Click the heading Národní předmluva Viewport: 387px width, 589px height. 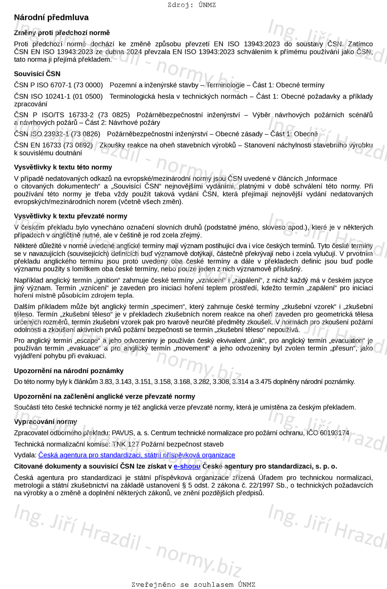tap(51, 18)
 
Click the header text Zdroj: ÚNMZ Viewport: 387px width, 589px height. tap(191, 5)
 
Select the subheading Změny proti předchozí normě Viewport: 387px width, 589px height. tap(62, 33)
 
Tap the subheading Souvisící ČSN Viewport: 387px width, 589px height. tap(37, 74)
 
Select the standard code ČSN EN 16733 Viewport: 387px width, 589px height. tap(38, 145)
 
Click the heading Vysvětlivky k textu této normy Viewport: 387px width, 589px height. tap(63, 167)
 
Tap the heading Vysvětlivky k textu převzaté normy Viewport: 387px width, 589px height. tap(70, 216)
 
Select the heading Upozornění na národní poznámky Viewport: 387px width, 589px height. tap(69, 371)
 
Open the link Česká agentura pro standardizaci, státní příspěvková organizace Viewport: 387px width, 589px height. tap(137, 455)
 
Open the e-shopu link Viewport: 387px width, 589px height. tap(187, 466)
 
